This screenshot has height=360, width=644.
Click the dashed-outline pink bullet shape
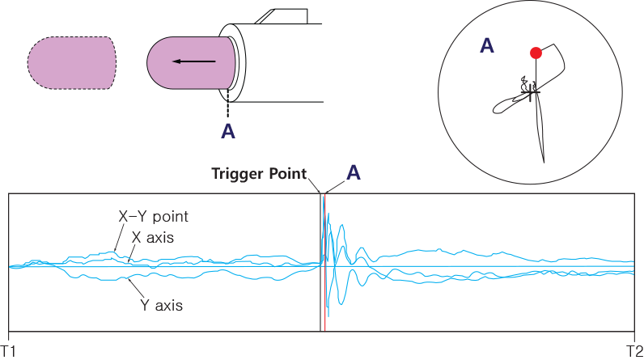72,62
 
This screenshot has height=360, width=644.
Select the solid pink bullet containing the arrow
191,62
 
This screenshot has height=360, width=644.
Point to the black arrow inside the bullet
193,61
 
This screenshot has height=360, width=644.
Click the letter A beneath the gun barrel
229,130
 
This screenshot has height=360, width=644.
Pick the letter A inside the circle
487,46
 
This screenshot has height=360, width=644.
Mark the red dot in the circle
535,53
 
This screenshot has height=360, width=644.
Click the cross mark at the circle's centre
530,95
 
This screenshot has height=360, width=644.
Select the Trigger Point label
259,174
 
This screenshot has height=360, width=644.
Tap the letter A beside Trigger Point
354,172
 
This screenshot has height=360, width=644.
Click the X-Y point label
153,217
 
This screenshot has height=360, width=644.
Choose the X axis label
153,237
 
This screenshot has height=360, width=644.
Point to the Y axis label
161,306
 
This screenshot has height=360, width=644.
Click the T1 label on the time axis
8,349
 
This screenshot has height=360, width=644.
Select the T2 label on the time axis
634,349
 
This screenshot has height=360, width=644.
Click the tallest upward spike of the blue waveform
324,201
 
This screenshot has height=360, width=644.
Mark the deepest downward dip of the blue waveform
328,314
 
